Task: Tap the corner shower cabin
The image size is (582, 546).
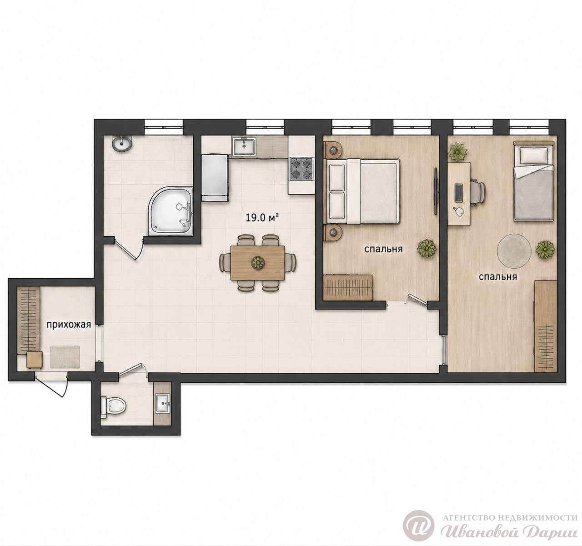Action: pos(171,211)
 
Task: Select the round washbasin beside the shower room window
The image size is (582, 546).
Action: pos(122,144)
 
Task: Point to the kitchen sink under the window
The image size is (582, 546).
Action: pos(244,147)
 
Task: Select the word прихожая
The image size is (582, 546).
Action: pos(69,325)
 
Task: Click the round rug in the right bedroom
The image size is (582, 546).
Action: pos(515,250)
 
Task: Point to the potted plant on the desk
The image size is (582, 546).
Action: pos(458,151)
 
